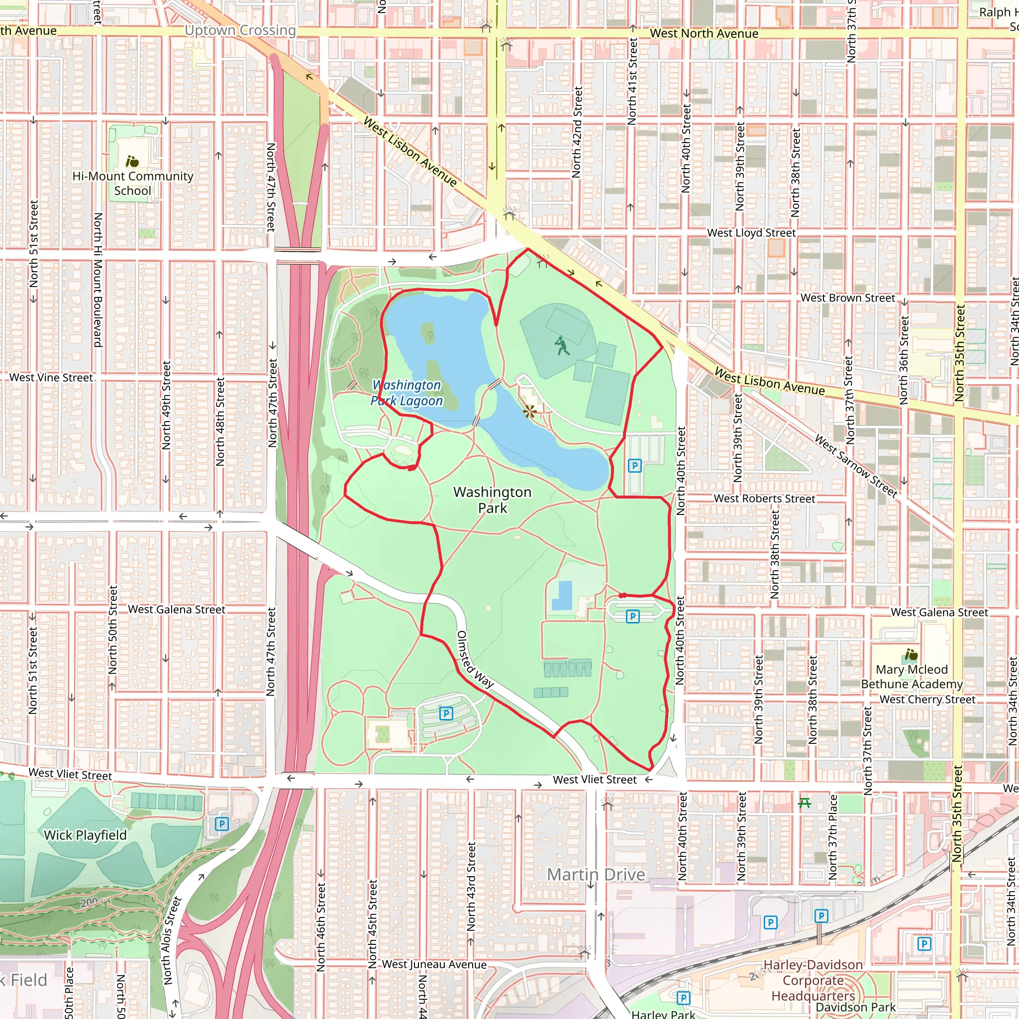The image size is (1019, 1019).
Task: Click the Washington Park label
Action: (492, 500)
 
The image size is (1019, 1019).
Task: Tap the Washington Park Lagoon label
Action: (407, 393)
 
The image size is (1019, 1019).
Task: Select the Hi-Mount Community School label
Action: (133, 183)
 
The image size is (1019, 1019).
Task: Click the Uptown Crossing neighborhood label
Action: (240, 30)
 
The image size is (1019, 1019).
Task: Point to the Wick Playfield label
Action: (86, 835)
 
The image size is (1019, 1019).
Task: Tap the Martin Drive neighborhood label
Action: (596, 875)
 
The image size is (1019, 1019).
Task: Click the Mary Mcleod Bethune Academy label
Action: (912, 677)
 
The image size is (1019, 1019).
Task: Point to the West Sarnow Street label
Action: (855, 466)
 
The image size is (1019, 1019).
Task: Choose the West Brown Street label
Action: (847, 298)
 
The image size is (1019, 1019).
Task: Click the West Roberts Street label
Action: (764, 499)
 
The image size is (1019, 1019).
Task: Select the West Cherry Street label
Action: (927, 700)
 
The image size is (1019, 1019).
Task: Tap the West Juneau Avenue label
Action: (434, 964)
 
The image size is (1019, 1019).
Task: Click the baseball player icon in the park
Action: (562, 346)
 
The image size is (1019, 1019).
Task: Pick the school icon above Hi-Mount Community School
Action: (132, 160)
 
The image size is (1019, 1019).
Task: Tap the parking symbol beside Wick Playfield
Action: (221, 823)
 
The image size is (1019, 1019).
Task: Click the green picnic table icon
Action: (805, 803)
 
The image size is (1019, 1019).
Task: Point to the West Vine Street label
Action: (51, 378)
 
